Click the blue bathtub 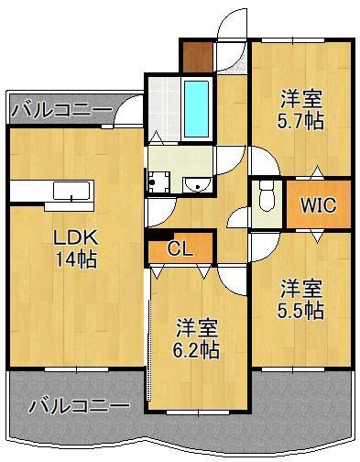coord(197,107)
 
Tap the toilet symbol coord(267,196)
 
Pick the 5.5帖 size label coord(301,311)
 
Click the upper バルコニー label coord(61,111)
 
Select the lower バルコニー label coord(78,404)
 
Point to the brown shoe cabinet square coord(195,57)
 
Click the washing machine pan coord(159,181)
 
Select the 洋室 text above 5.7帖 coord(301,95)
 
